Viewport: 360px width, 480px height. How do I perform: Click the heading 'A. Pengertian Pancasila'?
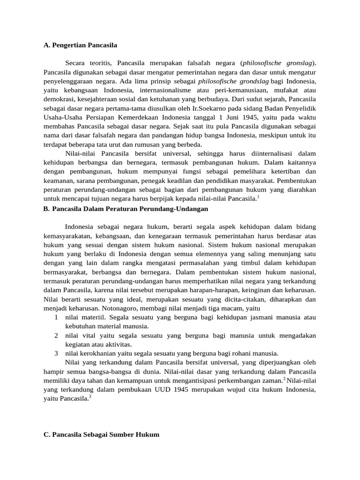click(80, 45)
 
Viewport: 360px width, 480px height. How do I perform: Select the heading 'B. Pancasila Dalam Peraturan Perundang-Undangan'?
click(126, 208)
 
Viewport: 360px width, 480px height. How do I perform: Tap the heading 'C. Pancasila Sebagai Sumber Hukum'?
click(101, 435)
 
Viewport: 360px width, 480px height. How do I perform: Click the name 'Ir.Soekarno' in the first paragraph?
click(201, 108)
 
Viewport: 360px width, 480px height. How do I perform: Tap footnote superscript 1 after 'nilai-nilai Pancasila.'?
click(258, 197)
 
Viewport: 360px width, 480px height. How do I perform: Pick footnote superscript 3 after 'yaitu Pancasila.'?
click(90, 397)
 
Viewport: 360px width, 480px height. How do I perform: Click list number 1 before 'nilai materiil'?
click(56, 317)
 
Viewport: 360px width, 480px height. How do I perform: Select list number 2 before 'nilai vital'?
click(56, 335)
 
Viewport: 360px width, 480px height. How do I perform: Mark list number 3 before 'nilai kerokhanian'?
click(56, 353)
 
